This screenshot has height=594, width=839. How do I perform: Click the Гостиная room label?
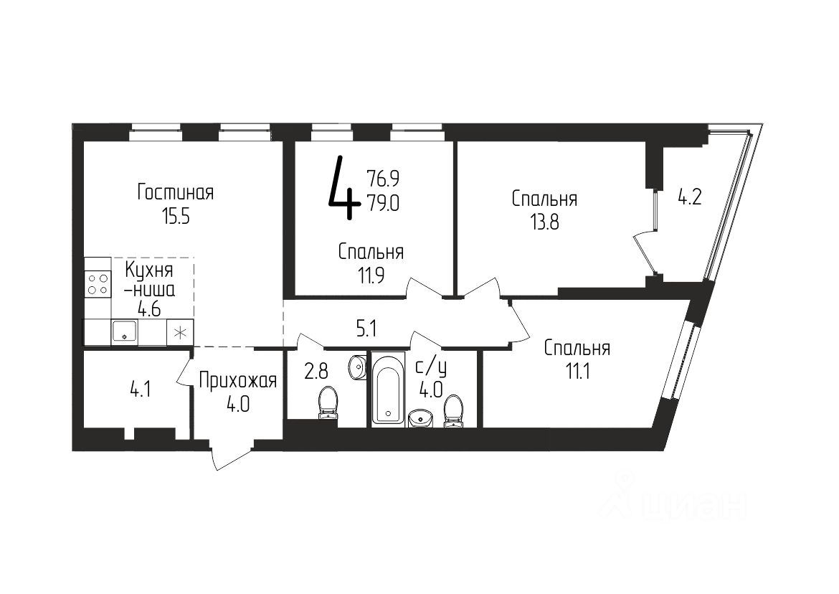point(176,193)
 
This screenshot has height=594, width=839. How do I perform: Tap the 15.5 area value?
point(176,216)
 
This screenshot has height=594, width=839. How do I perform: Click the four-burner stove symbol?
point(98,283)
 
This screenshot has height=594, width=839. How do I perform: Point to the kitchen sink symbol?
point(124,332)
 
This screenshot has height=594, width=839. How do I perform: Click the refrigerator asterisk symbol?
point(180,332)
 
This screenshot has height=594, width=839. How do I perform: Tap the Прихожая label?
point(237,379)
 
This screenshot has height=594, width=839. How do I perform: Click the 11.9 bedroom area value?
point(371,275)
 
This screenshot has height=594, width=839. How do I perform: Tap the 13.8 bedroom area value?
point(544,222)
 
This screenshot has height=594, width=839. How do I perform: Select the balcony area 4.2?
point(689,196)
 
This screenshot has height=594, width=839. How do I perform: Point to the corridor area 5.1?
point(366,329)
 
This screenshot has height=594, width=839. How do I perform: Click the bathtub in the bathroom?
point(387,392)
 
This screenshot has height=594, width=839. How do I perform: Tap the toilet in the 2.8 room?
point(328,401)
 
